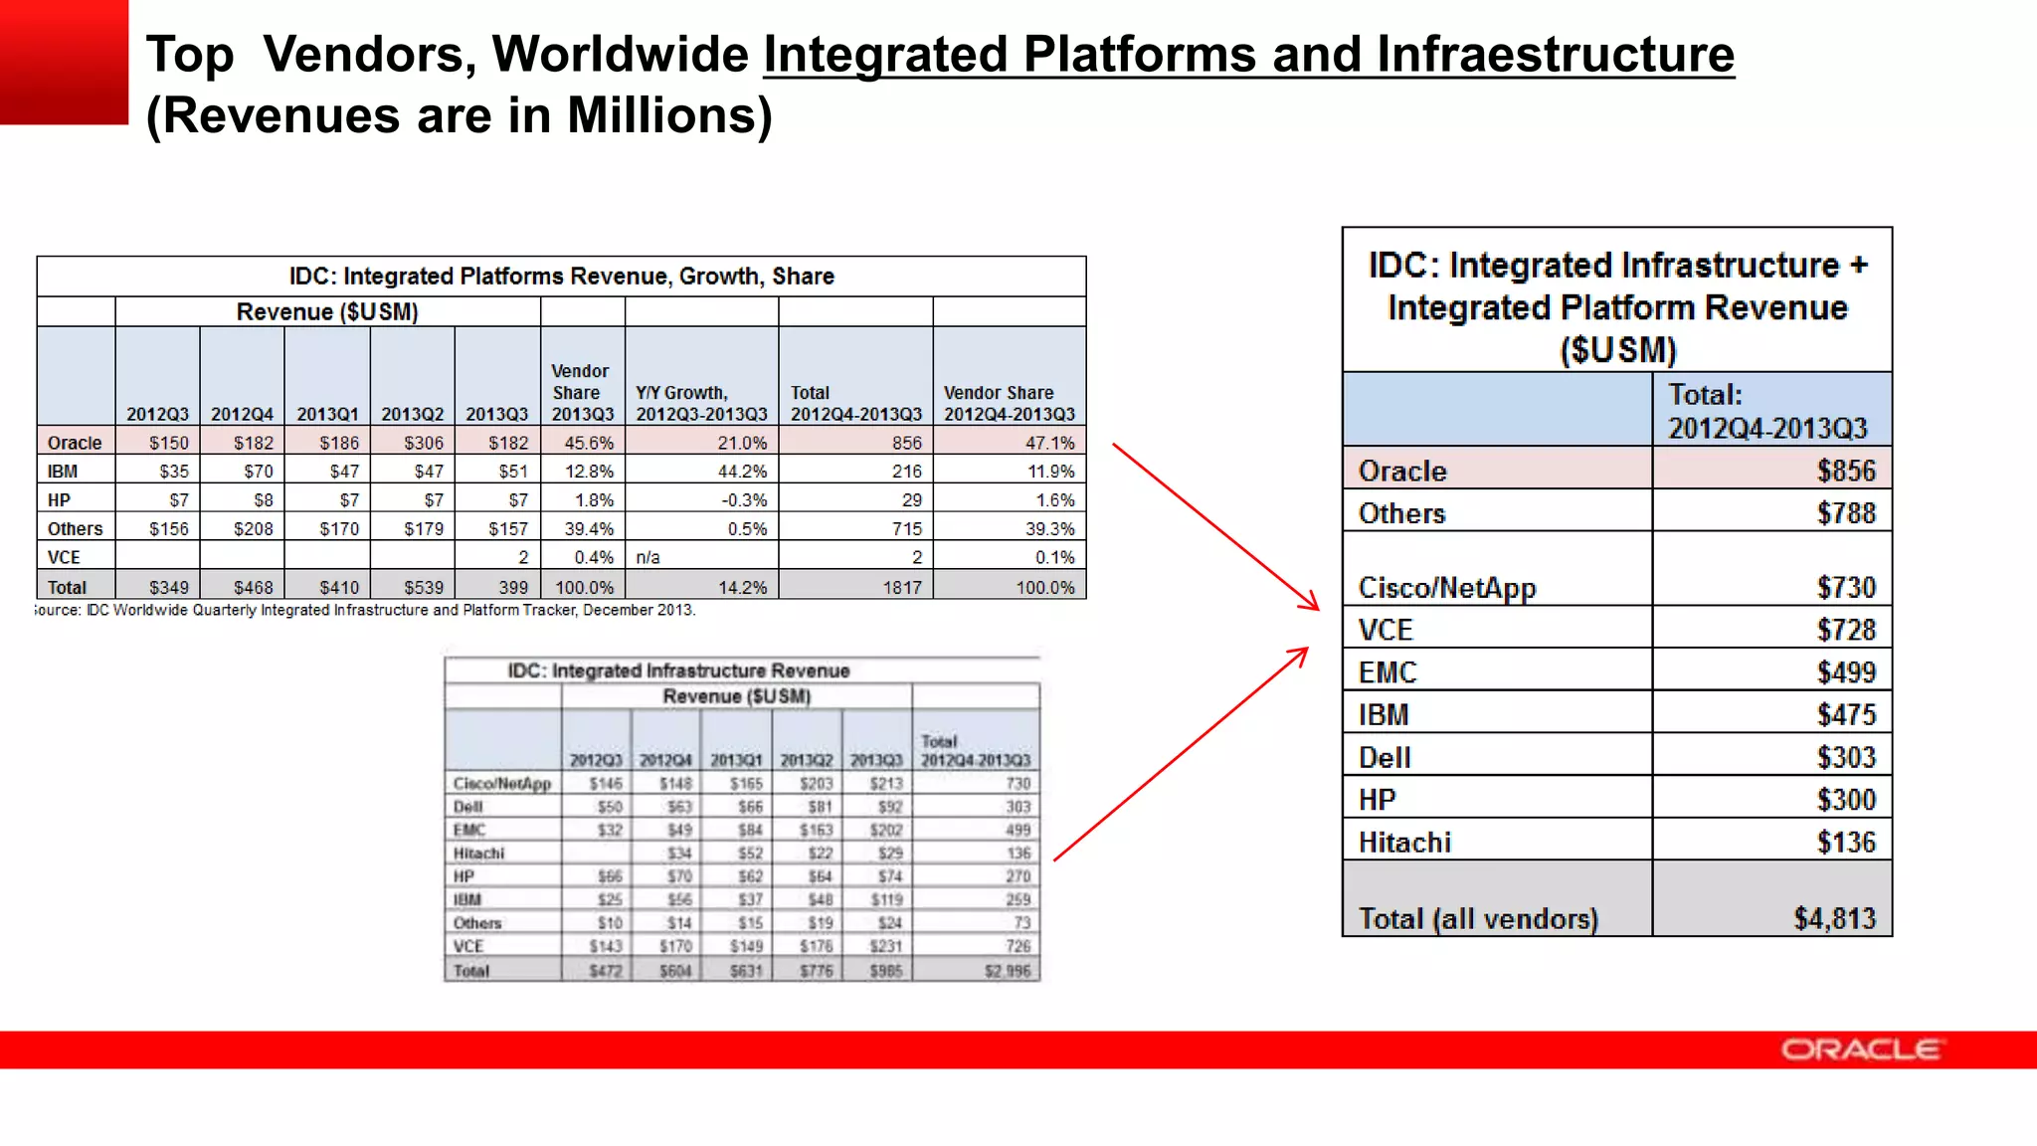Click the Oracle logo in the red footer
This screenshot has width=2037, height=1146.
[1860, 1050]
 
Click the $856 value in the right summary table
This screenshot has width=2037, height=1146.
[1845, 471]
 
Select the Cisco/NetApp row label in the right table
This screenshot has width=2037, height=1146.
[1446, 588]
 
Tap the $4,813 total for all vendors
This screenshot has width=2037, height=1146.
[1834, 918]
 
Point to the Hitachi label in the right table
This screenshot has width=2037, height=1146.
[1403, 843]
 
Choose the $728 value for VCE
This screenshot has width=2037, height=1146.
[1845, 630]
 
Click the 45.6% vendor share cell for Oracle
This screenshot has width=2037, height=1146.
[589, 443]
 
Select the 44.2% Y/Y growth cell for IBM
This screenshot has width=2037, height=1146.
[742, 472]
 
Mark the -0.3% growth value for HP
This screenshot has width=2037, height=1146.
[744, 500]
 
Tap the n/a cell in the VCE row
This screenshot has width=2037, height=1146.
[648, 557]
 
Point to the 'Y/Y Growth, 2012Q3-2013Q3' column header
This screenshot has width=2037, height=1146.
[701, 403]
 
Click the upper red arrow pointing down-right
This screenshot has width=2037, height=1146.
[1215, 526]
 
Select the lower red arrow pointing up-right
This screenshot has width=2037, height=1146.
[1181, 754]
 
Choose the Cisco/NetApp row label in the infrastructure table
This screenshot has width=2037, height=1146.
[501, 784]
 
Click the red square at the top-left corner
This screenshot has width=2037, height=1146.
[64, 62]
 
